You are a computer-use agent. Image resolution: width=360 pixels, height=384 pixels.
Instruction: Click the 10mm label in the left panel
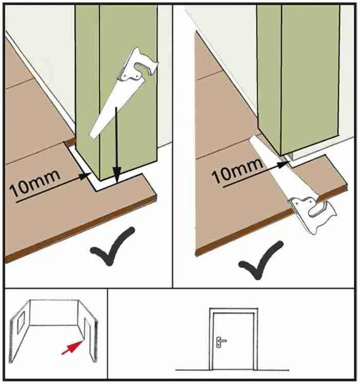click(x=35, y=183)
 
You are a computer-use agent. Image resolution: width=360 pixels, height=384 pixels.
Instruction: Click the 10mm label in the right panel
click(x=238, y=170)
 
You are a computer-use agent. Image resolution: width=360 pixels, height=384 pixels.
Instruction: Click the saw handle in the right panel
click(x=312, y=213)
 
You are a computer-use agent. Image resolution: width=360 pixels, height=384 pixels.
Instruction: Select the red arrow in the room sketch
click(x=71, y=347)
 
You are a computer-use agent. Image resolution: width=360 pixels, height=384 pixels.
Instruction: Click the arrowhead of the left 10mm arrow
click(x=86, y=176)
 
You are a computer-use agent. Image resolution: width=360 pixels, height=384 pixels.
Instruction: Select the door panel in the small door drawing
click(x=233, y=341)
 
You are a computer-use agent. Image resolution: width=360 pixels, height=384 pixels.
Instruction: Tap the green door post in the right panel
click(x=298, y=79)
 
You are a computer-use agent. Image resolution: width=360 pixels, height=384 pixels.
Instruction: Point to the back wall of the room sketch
click(x=54, y=313)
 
